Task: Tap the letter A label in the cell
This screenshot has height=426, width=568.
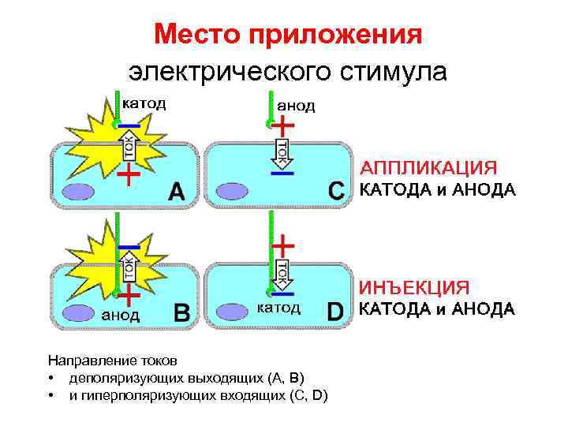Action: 177,192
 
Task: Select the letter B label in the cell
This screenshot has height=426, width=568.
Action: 180,312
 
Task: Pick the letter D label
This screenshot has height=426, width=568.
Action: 336,312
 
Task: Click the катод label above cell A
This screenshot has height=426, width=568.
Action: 143,103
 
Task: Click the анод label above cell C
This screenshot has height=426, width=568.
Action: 295,106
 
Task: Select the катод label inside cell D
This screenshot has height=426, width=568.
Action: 278,308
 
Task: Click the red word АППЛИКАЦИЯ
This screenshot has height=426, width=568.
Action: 428,168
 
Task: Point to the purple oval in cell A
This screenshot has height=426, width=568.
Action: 78,192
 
